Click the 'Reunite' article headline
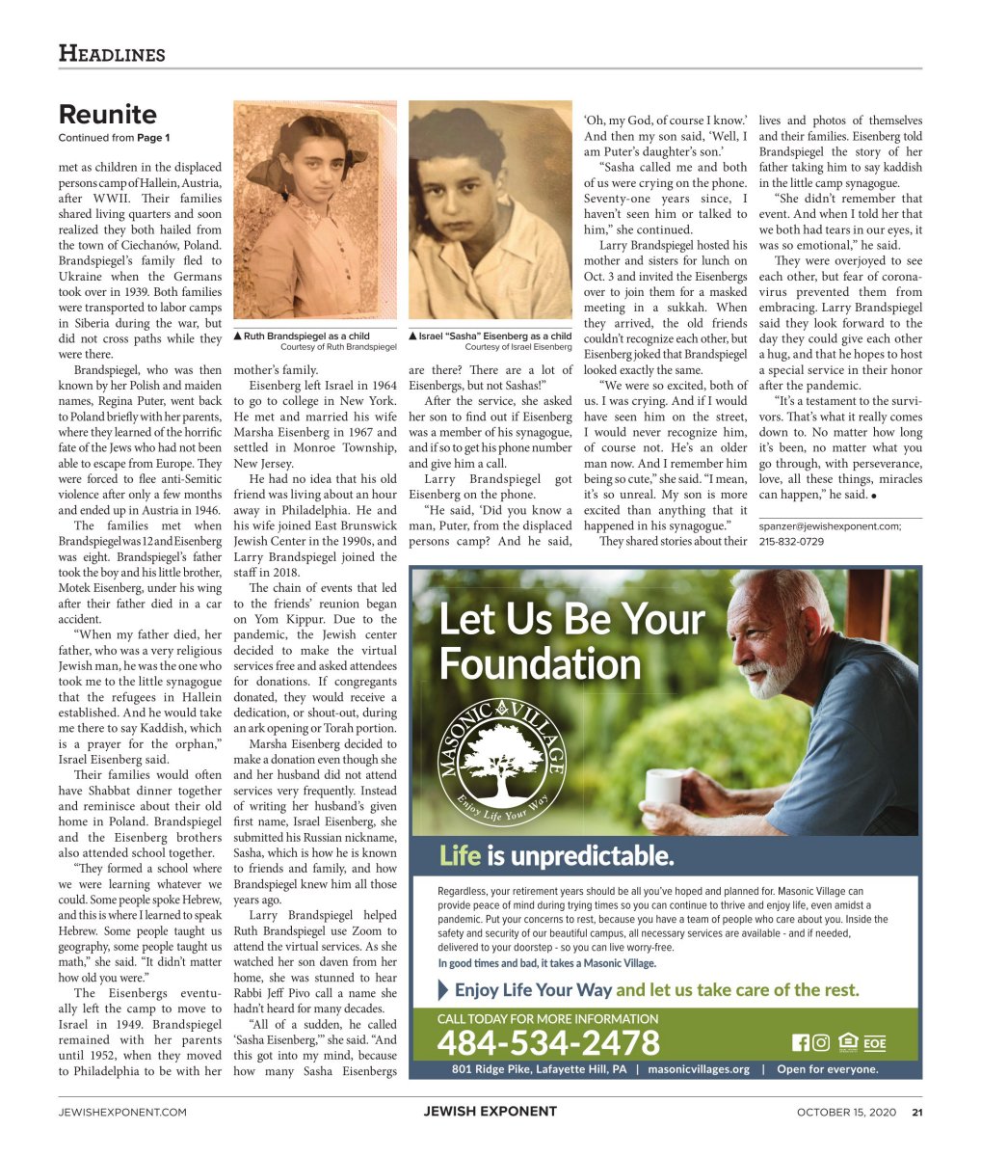(x=107, y=115)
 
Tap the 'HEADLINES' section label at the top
(x=112, y=54)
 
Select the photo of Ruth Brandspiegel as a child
(x=314, y=212)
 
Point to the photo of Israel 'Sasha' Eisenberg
(x=490, y=212)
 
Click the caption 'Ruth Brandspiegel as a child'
(x=306, y=336)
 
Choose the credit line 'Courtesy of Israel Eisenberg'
(x=517, y=346)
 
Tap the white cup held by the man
(x=663, y=786)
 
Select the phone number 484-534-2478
(x=548, y=1042)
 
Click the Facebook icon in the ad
(x=800, y=1042)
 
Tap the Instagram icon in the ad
(x=820, y=1042)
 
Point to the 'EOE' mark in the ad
(x=874, y=1043)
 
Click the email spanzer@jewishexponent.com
(x=830, y=526)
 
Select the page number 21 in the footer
(x=917, y=1112)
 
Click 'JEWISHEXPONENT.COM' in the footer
(x=122, y=1112)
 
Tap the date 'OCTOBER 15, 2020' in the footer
(x=846, y=1112)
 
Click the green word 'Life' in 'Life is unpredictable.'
(x=460, y=856)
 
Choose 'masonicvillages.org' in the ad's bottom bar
(x=698, y=1069)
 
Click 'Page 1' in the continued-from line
(x=152, y=138)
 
